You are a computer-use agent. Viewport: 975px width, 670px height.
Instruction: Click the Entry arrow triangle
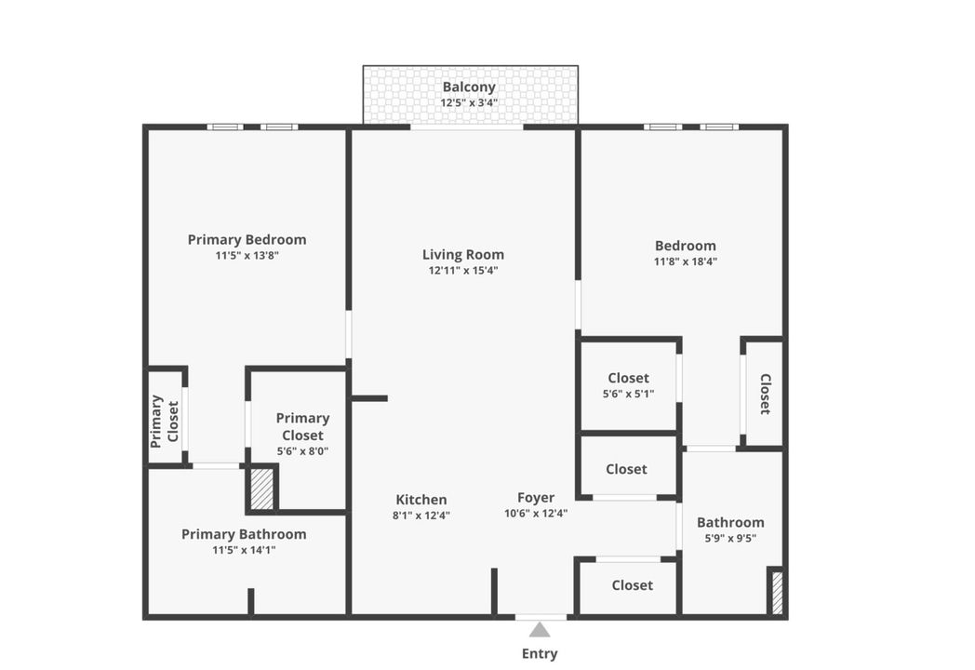coord(540,630)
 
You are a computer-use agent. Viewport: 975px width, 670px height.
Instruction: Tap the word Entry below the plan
coord(540,653)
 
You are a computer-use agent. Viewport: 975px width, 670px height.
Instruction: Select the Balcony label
coord(469,87)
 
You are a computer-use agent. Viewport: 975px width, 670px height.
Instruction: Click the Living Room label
coord(463,254)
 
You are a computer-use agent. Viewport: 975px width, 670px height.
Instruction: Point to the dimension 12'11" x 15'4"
coord(463,271)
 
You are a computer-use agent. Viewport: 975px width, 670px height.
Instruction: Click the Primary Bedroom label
coord(247,239)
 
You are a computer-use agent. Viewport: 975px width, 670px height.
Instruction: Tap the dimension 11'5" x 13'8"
coord(247,255)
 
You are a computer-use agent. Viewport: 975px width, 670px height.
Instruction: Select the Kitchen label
coord(421,500)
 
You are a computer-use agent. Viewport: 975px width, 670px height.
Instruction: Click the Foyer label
coord(536,498)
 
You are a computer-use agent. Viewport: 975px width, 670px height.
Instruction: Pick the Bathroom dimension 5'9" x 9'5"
coord(730,537)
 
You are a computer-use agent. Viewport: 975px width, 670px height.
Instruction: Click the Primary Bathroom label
coord(244,534)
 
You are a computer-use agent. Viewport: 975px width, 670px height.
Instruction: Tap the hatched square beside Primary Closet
coord(262,489)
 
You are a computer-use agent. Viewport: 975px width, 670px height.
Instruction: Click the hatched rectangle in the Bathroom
coord(776,590)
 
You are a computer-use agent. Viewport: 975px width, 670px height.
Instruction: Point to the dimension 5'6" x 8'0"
coord(302,451)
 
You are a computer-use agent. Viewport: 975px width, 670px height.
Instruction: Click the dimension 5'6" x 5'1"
coord(628,394)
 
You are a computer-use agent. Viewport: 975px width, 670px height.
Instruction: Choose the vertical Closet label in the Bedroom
coord(765,394)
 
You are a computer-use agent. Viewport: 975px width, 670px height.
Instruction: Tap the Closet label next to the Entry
coord(632,585)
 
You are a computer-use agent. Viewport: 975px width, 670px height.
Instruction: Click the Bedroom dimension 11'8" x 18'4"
coord(686,261)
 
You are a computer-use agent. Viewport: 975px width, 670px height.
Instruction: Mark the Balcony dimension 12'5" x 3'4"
coord(469,102)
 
